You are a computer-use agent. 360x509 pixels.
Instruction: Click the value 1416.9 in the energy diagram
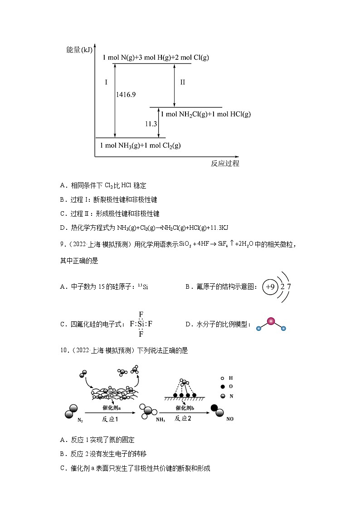point(126,95)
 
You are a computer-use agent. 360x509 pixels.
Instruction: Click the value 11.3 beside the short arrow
point(151,123)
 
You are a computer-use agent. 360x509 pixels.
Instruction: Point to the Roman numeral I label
point(106,82)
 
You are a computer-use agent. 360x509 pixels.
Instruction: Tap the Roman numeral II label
point(183,82)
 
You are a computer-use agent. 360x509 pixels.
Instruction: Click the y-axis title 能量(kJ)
point(79,49)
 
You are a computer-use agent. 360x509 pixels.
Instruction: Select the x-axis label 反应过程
point(225,164)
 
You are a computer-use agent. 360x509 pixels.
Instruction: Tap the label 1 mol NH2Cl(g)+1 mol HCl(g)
point(205,114)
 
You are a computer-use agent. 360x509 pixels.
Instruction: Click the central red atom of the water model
point(271,321)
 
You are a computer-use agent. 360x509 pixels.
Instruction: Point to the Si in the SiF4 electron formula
point(141,324)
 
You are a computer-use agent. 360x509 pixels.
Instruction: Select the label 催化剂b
point(183,408)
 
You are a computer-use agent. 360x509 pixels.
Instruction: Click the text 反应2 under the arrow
point(183,418)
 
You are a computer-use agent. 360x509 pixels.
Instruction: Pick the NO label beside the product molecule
point(230,419)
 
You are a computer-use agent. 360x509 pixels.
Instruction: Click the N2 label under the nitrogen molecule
point(80,420)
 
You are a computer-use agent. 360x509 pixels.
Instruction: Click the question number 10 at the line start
point(63,350)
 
